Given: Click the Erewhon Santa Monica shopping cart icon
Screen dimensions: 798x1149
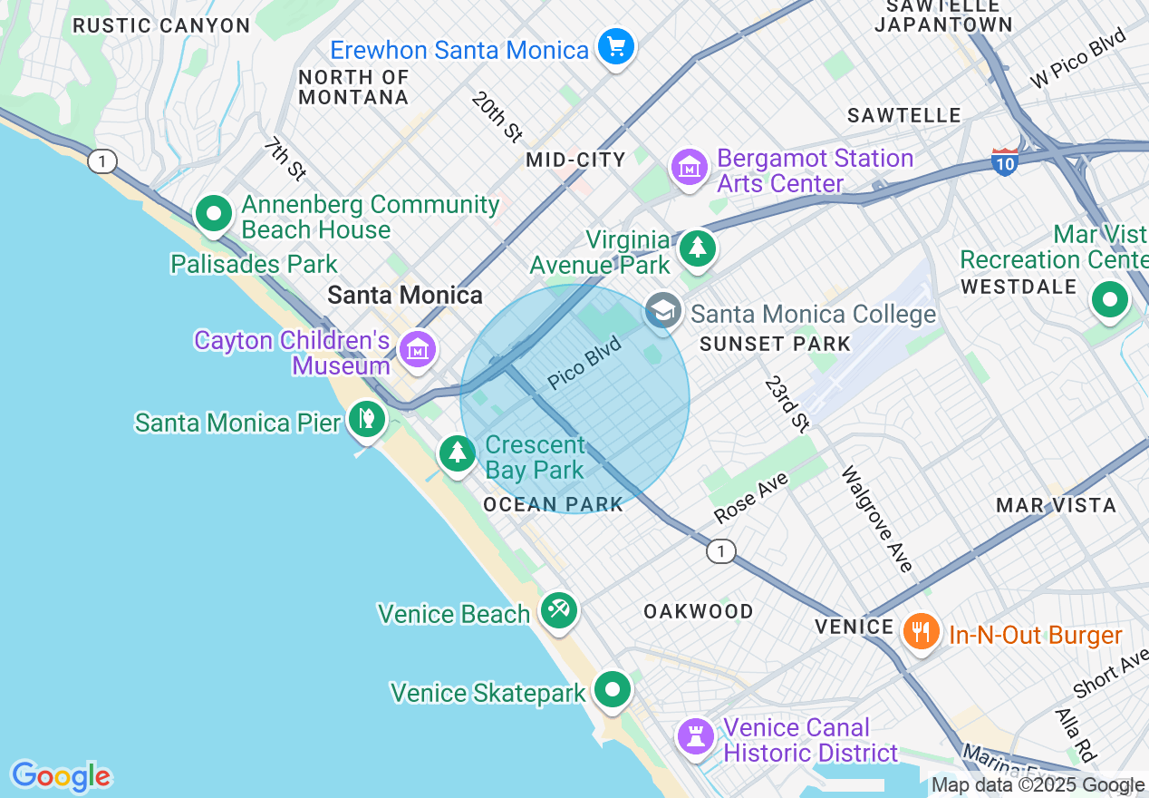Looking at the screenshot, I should click(x=616, y=46).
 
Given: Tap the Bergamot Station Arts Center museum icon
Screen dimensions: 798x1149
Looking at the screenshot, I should click(x=690, y=168).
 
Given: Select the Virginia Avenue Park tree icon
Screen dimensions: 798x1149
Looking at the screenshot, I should click(x=697, y=248).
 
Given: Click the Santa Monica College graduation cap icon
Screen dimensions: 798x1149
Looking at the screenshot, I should click(x=663, y=311).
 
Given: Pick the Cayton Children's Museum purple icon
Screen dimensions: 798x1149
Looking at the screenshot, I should click(x=417, y=348).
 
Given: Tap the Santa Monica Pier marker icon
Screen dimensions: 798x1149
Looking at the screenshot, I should click(x=367, y=420).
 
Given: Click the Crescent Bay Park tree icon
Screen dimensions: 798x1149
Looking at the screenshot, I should click(x=458, y=453).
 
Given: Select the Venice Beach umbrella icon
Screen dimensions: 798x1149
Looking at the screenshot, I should click(x=559, y=610).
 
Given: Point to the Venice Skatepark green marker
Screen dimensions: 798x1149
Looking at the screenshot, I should click(x=613, y=690).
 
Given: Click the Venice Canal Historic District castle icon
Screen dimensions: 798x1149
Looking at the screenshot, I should click(x=696, y=736).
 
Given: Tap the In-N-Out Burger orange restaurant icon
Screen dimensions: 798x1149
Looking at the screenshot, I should click(x=922, y=631).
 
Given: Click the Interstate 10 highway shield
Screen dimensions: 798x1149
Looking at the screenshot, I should click(x=1004, y=161).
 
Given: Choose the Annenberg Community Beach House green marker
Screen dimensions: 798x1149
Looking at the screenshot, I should click(x=214, y=215).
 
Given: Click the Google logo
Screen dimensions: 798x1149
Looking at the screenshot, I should click(x=61, y=776).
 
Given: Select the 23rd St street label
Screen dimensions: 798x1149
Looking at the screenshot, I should click(x=786, y=403).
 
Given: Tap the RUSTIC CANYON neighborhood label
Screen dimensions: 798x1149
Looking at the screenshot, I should click(x=161, y=25).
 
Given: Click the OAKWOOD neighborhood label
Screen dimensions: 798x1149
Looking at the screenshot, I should click(x=698, y=611).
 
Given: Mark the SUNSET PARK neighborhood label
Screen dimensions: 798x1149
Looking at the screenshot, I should click(x=775, y=344).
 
